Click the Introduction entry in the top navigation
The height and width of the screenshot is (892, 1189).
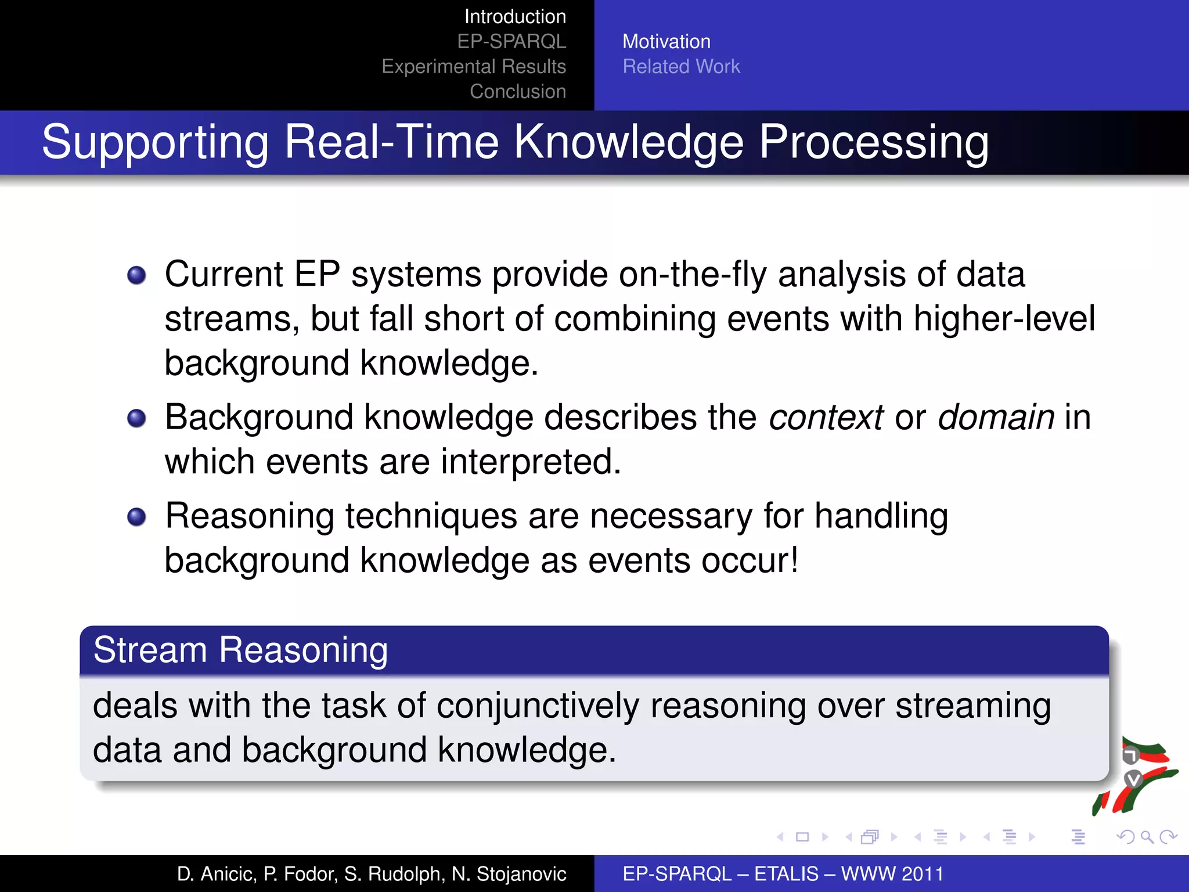pos(515,16)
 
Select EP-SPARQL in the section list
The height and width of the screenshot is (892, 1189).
pos(511,41)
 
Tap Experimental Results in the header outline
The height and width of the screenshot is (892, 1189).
pos(474,66)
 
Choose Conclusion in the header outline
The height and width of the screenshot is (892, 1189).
pos(517,91)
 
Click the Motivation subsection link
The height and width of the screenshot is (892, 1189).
pos(666,41)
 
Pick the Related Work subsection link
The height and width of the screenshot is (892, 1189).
pos(681,66)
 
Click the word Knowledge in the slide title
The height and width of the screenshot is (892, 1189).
pos(629,142)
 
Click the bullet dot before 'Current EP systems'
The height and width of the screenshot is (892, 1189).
pos(136,275)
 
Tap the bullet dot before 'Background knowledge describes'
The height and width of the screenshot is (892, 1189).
pos(136,418)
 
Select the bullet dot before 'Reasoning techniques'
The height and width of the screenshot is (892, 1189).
pos(136,517)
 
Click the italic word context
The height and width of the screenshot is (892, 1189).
pos(826,418)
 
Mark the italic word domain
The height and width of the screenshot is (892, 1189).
pos(996,418)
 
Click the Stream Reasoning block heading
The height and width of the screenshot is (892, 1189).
pos(240,650)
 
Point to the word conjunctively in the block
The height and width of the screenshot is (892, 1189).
pos(538,706)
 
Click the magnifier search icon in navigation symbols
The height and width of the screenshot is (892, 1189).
pos(1147,837)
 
